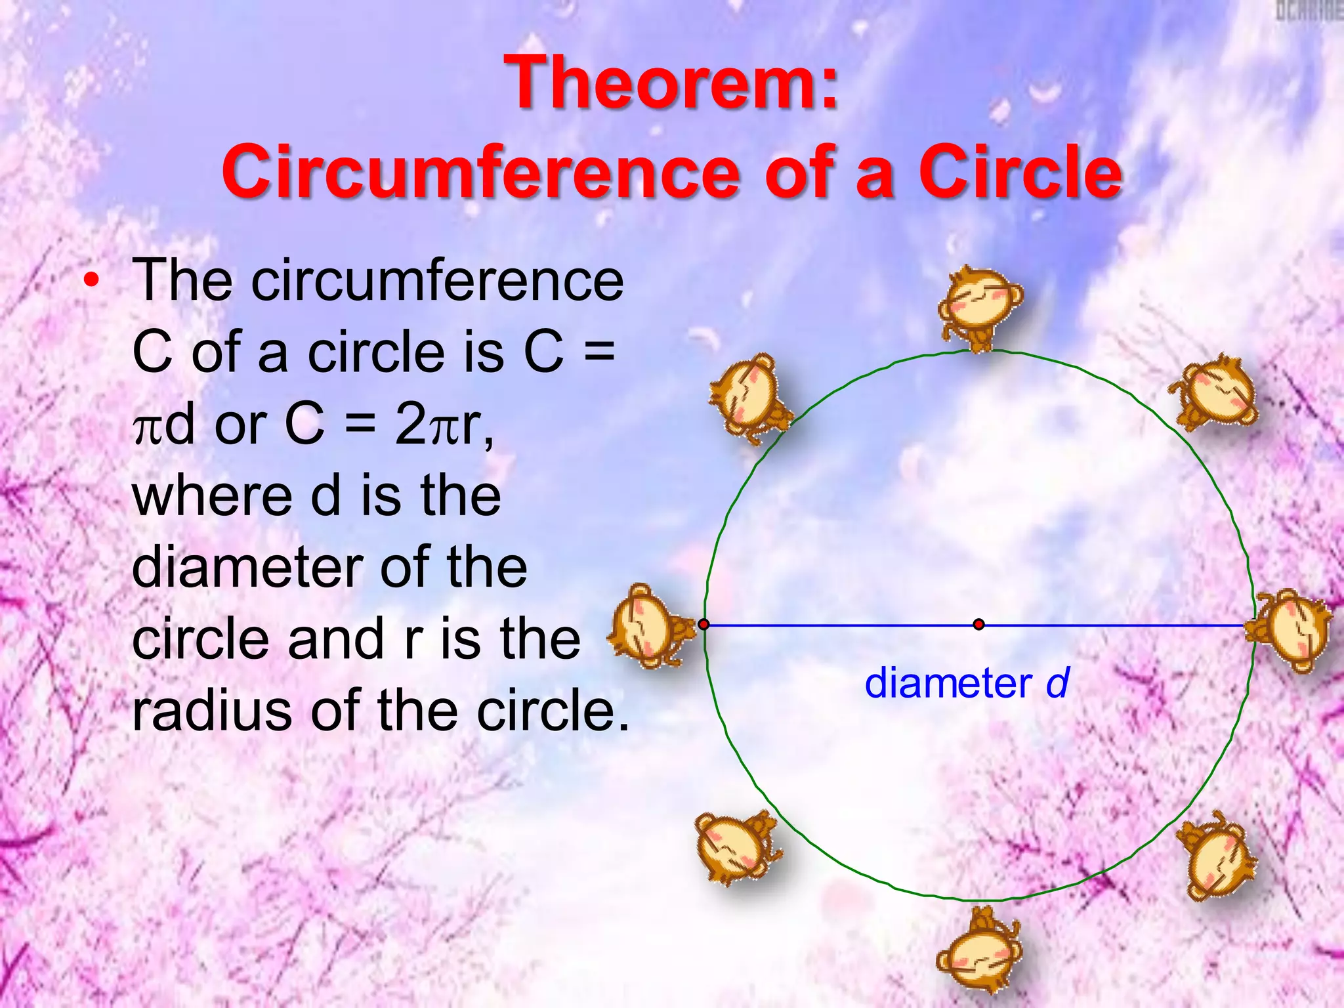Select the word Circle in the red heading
tap(1020, 172)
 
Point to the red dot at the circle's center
tap(978, 624)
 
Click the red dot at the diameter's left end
tap(703, 624)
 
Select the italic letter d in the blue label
tap(1057, 683)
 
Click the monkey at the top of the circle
tap(979, 307)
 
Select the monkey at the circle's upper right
tap(1215, 392)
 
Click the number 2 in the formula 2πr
tap(410, 424)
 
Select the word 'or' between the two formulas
tap(239, 425)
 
